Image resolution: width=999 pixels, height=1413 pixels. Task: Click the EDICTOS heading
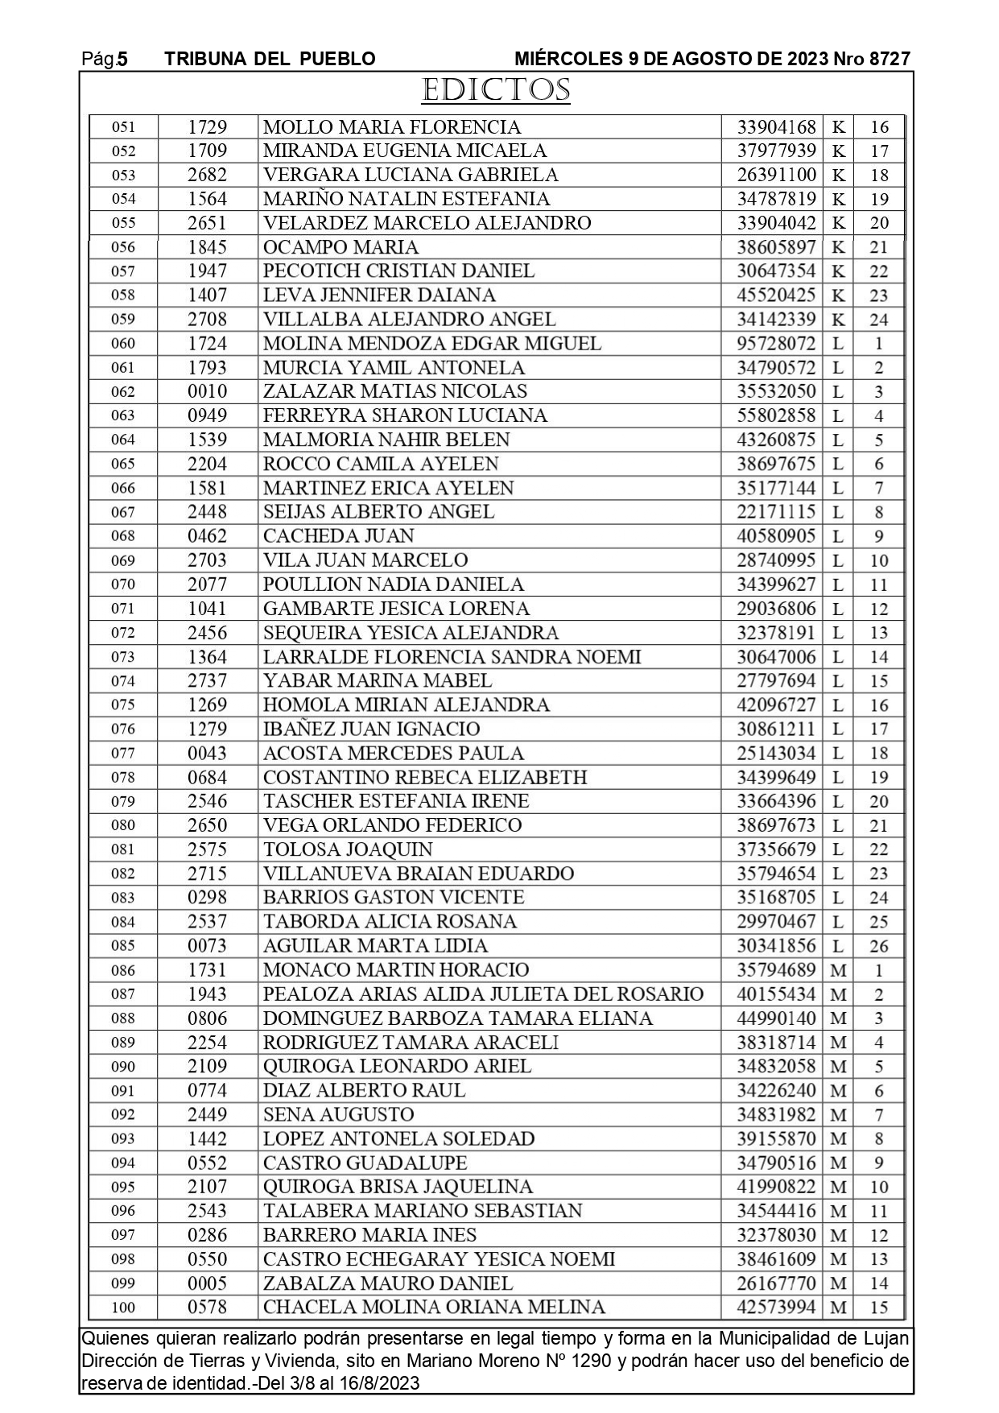(496, 90)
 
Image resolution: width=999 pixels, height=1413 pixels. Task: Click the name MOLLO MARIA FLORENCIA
(391, 127)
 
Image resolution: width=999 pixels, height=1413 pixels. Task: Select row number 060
(123, 344)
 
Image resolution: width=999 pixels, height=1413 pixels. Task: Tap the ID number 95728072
(776, 344)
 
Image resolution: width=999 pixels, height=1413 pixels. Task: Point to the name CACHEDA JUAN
(338, 536)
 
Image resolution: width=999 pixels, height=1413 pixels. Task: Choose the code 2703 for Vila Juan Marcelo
(207, 560)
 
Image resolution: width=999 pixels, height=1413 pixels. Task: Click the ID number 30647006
(776, 657)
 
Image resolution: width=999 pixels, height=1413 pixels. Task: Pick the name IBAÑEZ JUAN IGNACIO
(371, 729)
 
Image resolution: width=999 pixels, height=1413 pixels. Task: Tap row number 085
(123, 946)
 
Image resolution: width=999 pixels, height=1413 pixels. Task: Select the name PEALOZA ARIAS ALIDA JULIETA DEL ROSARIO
(483, 994)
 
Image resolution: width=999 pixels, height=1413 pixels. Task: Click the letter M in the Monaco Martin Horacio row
(838, 970)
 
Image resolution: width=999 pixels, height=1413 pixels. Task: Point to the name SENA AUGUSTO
(338, 1115)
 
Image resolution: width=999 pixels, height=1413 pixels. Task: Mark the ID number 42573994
(776, 1308)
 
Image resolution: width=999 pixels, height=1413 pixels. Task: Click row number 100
(123, 1308)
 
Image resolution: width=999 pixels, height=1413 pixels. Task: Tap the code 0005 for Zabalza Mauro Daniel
(207, 1283)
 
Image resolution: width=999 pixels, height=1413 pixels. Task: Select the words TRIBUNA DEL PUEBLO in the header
(270, 59)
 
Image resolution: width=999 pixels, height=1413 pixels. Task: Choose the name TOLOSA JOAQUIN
(348, 849)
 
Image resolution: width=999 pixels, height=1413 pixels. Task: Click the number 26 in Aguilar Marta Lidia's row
(878, 946)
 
